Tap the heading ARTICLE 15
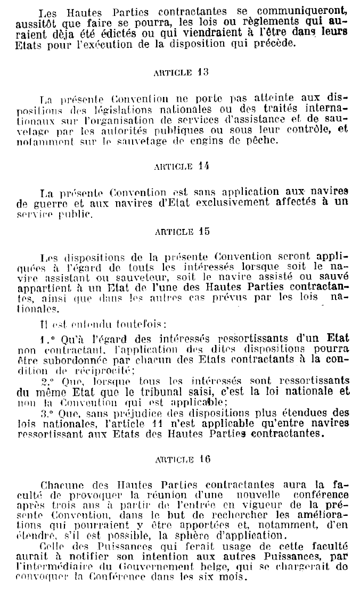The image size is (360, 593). (x=174, y=232)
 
